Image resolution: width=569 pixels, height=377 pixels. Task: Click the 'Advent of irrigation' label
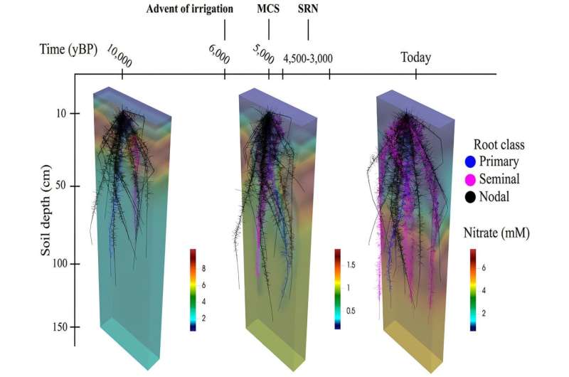(191, 9)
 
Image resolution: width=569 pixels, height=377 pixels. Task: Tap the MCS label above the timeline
(269, 9)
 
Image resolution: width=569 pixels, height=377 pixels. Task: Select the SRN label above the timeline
(308, 9)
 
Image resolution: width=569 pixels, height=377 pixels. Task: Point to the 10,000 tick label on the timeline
(119, 55)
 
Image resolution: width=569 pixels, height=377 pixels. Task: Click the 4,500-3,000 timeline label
(308, 58)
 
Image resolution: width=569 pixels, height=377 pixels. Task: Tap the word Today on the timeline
(416, 58)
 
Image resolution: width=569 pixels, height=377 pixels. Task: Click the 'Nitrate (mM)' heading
(496, 231)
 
